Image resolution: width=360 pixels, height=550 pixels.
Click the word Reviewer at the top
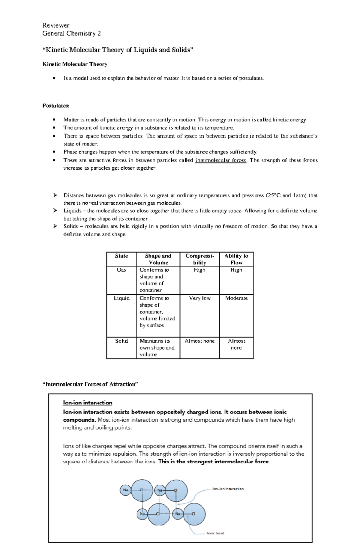pos(56,25)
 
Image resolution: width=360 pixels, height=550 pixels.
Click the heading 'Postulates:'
pos(56,106)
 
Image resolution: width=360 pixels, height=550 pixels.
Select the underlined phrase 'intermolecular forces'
pos(221,160)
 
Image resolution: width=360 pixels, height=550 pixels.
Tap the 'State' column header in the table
pos(121,256)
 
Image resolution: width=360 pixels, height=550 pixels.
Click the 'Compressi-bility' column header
pos(199,259)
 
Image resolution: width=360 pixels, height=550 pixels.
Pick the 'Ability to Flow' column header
pos(236,259)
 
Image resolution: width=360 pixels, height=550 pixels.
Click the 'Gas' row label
pos(121,270)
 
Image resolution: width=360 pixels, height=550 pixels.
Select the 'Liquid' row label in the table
pos(121,298)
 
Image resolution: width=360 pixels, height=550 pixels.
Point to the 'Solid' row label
pos(121,341)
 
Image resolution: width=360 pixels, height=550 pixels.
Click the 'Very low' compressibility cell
pos(199,298)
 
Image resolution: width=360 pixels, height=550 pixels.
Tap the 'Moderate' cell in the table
pos(236,298)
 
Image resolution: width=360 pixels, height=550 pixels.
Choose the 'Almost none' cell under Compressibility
pos(199,341)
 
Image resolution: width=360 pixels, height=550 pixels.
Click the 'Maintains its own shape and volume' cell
pos(157,348)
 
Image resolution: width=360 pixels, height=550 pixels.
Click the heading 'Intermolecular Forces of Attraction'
pos(90,384)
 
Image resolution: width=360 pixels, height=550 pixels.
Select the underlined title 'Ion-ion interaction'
pos(88,403)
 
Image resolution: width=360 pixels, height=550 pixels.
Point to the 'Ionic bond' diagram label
pos(215,533)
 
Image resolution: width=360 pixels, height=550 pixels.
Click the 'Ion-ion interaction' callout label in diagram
pos(228,489)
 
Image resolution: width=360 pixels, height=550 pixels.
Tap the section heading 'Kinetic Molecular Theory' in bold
pos(75,64)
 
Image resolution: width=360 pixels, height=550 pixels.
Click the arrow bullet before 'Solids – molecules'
pos(55,226)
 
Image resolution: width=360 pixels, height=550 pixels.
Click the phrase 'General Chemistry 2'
pos(71,34)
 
